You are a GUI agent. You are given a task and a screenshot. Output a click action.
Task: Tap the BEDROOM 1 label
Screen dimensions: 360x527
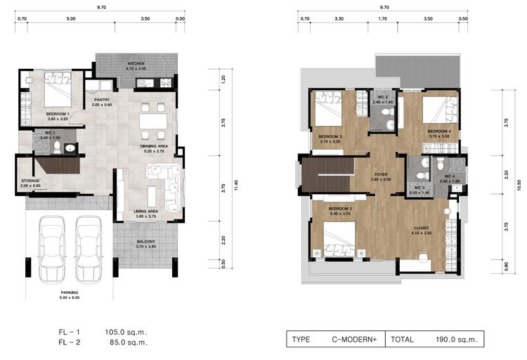click(x=57, y=114)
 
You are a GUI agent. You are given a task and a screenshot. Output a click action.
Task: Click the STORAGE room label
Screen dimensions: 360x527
click(x=30, y=181)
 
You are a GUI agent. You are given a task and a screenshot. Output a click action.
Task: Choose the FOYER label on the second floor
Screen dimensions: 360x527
click(x=381, y=174)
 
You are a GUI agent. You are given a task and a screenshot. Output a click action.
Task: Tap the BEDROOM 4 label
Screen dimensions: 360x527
click(x=438, y=131)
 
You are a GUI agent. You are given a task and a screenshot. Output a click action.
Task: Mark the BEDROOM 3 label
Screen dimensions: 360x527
click(x=330, y=136)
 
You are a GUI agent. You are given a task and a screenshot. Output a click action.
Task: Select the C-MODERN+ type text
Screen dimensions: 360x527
click(x=355, y=339)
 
